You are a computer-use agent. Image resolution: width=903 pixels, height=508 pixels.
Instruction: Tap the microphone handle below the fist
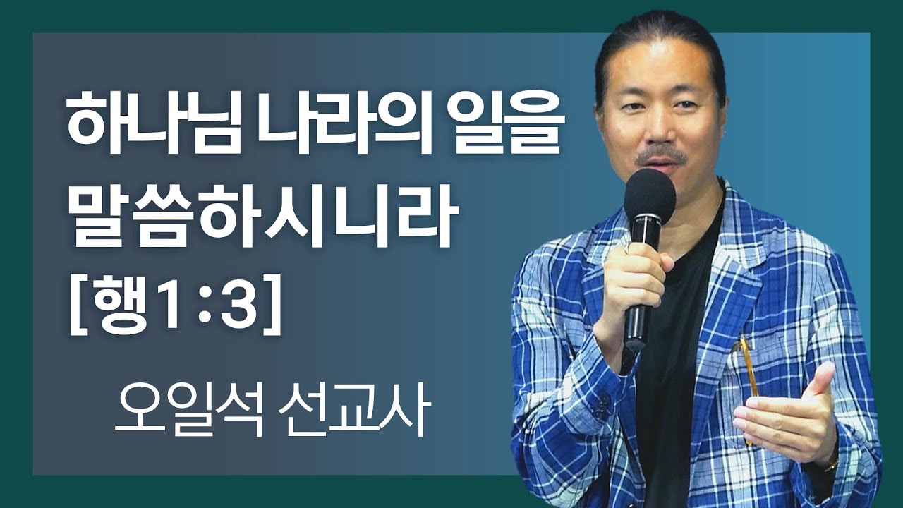coord(635,325)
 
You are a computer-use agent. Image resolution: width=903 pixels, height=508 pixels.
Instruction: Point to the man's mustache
coord(660,155)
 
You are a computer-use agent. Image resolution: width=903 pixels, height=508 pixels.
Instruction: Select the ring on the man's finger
coord(625,248)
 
